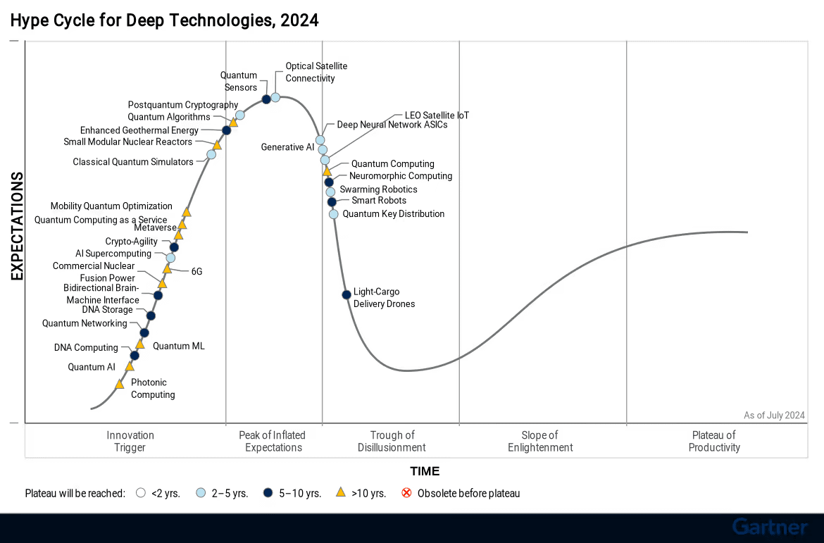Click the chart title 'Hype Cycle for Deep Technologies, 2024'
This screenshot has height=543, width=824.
tap(164, 20)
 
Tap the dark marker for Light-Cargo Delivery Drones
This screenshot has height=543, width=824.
tap(346, 294)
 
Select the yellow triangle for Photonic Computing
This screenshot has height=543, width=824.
tap(120, 384)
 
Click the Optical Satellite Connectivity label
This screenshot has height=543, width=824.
tap(316, 72)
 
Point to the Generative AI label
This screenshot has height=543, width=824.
tap(287, 147)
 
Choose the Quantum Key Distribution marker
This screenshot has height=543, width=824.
tap(334, 214)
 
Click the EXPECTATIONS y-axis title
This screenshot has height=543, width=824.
tap(17, 226)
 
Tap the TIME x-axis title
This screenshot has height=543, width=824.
tap(425, 471)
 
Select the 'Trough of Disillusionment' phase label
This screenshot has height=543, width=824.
tap(392, 441)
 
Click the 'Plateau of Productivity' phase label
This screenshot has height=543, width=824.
tap(714, 441)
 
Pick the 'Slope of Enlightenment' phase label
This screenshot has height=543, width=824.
tap(540, 441)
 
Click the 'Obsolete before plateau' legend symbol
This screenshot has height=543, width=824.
tap(406, 493)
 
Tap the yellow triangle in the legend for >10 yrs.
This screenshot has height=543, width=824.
tap(340, 493)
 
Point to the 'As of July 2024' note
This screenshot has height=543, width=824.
tap(774, 416)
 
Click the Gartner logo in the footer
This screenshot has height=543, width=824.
tap(770, 527)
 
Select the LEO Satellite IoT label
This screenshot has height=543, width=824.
tap(437, 115)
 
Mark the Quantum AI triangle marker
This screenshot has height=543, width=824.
tap(130, 366)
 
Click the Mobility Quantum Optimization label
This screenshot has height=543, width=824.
tap(111, 206)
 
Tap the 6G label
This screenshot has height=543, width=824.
tap(196, 271)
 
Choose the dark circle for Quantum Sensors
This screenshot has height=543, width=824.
tap(266, 99)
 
